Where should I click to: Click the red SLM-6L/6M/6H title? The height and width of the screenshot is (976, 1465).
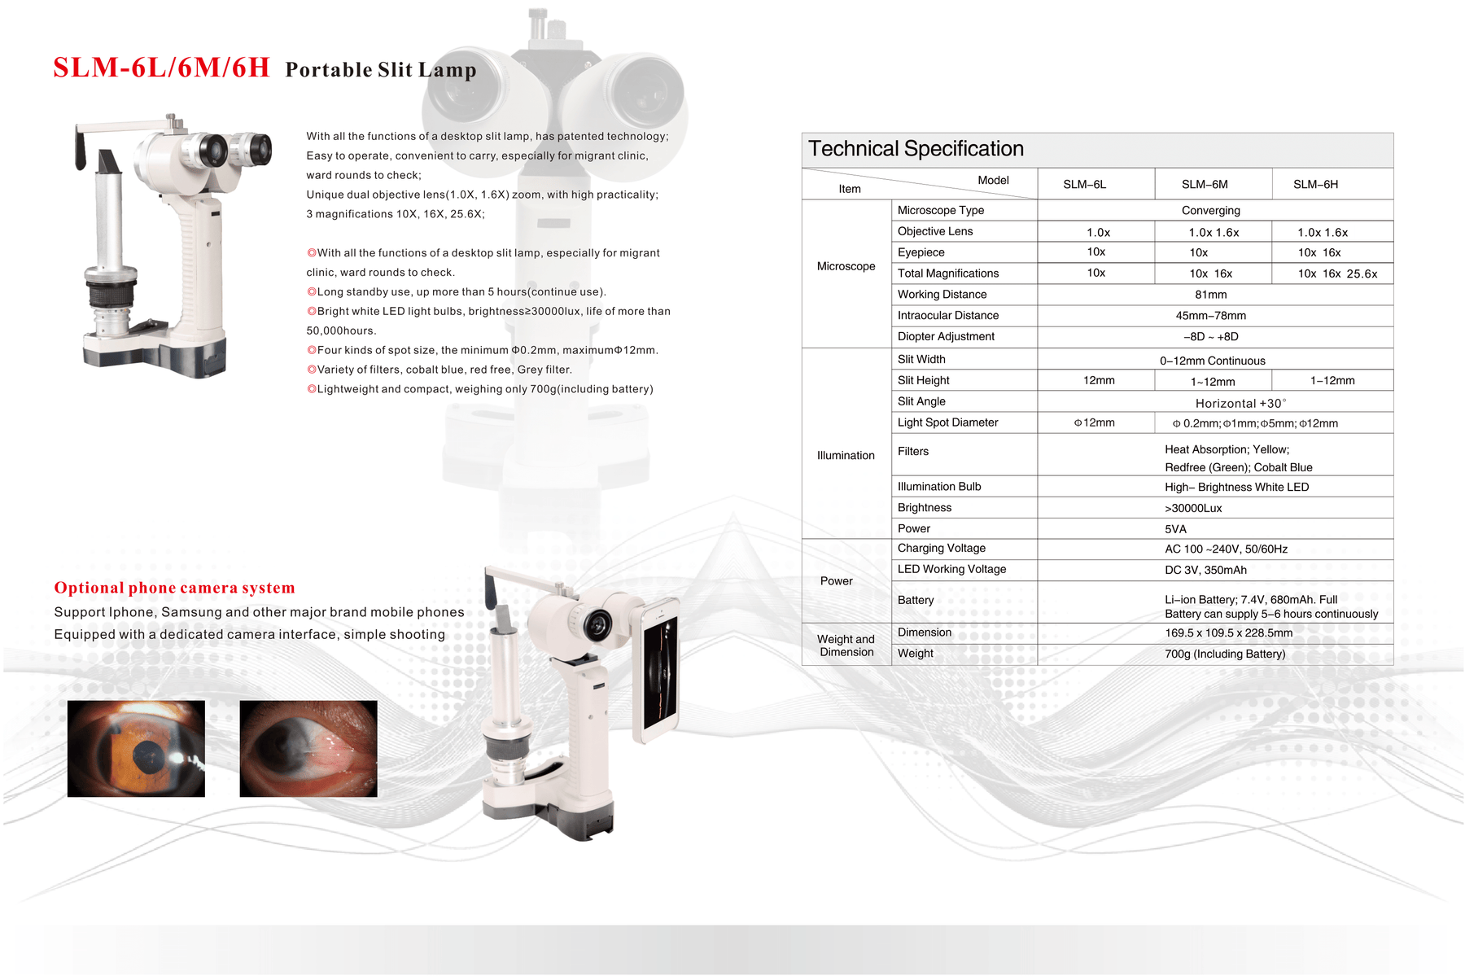click(x=161, y=68)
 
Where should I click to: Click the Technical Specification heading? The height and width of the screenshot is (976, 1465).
click(x=916, y=149)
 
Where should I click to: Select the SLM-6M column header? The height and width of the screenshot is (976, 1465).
click(x=1205, y=185)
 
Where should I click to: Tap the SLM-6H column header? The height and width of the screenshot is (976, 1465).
click(x=1315, y=185)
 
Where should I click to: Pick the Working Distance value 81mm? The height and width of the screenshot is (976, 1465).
click(x=1210, y=295)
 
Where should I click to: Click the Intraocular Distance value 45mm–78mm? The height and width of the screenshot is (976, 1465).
click(x=1210, y=316)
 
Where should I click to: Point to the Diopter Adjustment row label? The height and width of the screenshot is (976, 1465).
click(x=946, y=337)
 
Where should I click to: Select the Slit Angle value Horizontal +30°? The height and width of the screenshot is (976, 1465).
click(x=1240, y=403)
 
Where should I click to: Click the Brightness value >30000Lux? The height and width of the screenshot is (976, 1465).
click(x=1193, y=508)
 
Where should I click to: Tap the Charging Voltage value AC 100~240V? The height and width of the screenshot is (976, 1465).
click(x=1226, y=549)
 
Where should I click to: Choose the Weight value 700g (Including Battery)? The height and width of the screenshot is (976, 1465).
click(x=1225, y=654)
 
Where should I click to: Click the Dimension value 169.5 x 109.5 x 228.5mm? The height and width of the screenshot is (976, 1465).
click(x=1228, y=632)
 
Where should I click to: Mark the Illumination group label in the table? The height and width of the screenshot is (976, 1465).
click(x=846, y=456)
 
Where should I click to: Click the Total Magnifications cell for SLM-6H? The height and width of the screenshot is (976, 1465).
click(x=1337, y=274)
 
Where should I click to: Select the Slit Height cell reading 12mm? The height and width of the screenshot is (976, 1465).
click(x=1099, y=380)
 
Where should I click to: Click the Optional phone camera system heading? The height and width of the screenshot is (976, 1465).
click(x=174, y=588)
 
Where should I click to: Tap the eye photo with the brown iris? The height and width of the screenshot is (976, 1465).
click(x=136, y=748)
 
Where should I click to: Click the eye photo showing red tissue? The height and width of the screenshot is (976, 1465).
click(x=308, y=748)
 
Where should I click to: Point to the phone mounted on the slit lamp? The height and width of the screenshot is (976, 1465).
click(x=660, y=671)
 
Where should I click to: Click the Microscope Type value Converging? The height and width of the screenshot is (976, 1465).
click(x=1210, y=211)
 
